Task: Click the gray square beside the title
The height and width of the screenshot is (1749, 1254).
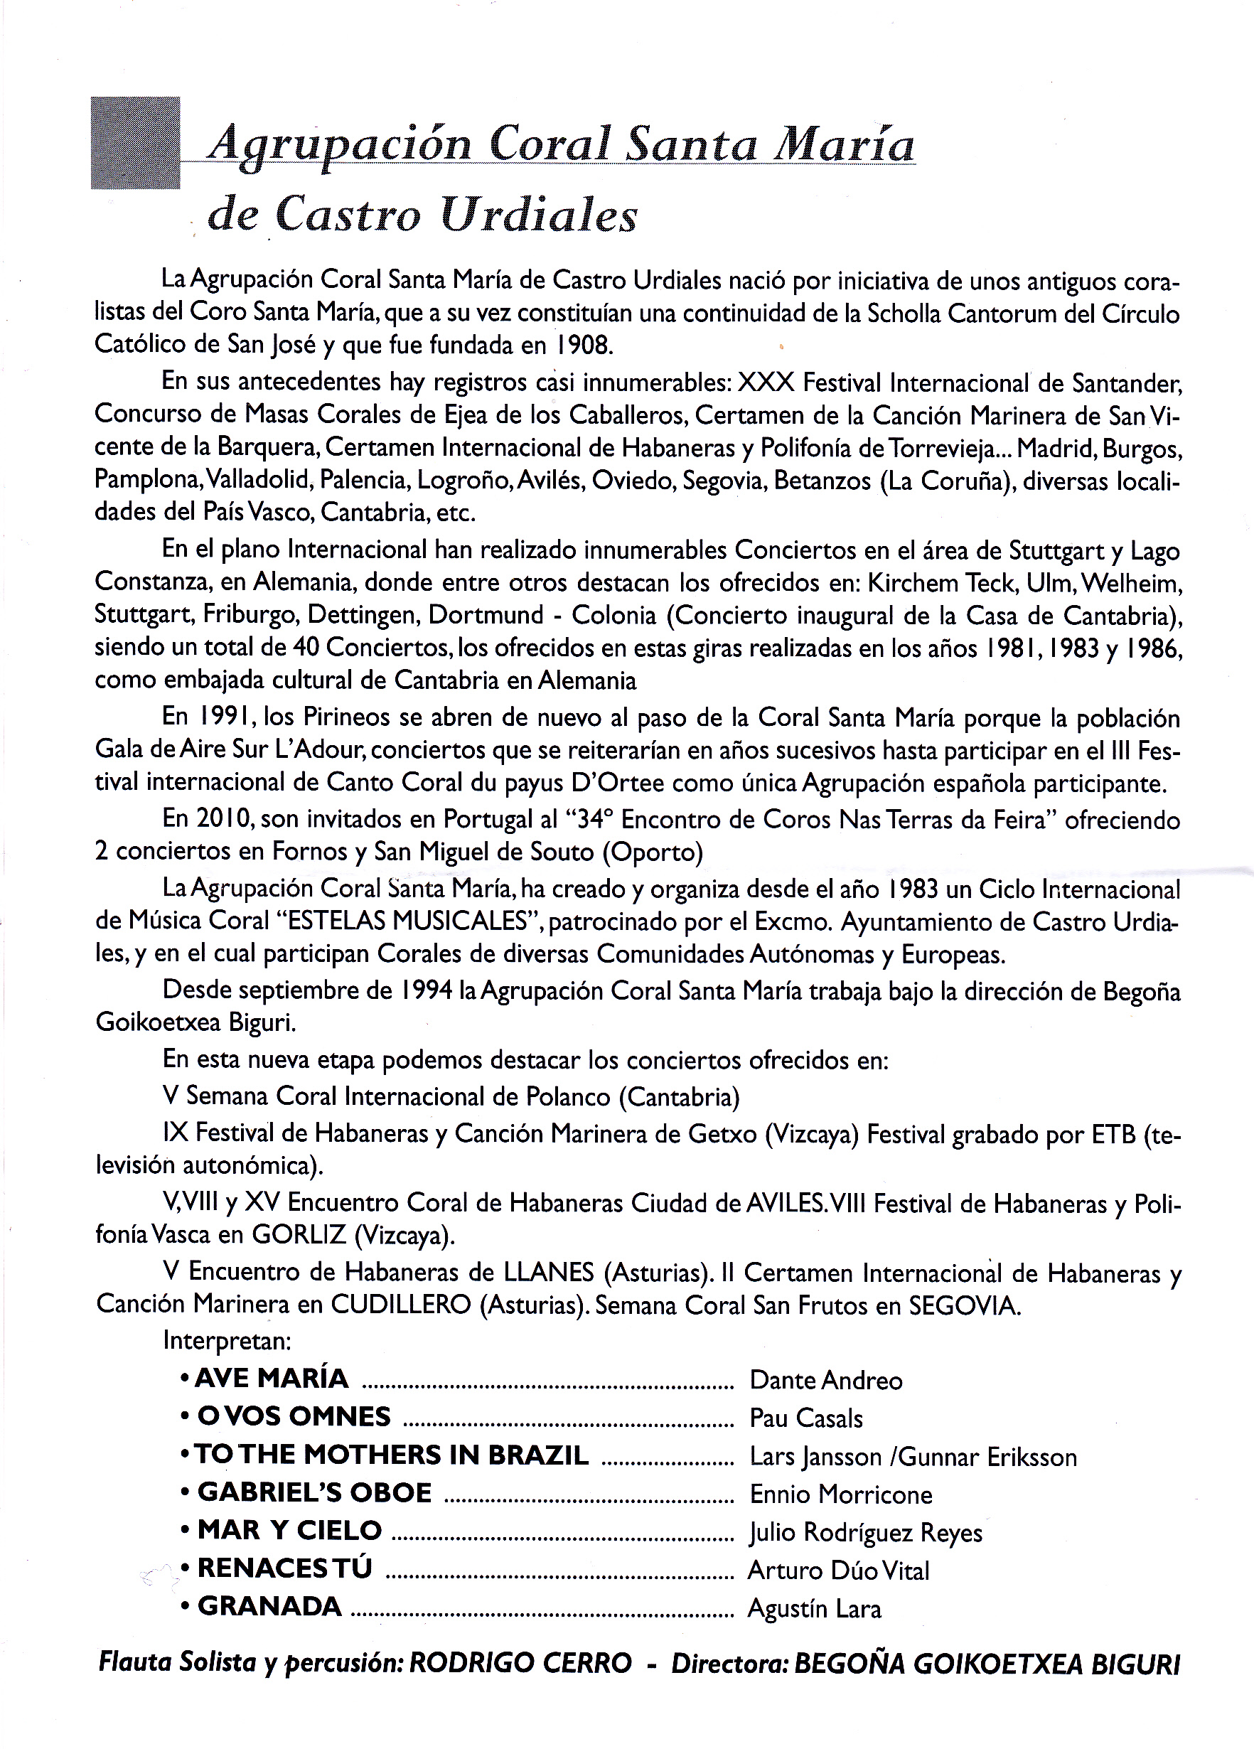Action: pyautogui.click(x=135, y=143)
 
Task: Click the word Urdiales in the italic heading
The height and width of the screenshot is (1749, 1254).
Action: pyautogui.click(x=539, y=215)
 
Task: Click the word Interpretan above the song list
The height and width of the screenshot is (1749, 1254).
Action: pyautogui.click(x=227, y=1341)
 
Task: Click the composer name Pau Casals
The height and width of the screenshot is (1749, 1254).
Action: pyautogui.click(x=806, y=1418)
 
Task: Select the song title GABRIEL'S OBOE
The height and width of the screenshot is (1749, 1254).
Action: pyautogui.click(x=315, y=1493)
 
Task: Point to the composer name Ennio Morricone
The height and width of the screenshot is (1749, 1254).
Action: pyautogui.click(x=841, y=1494)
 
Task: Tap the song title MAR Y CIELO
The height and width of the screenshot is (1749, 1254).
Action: pyautogui.click(x=290, y=1531)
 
